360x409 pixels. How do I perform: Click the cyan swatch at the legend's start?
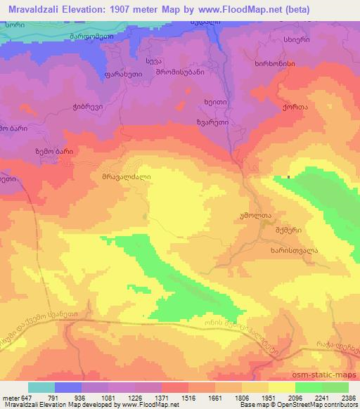pyautogui.click(x=41, y=387)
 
